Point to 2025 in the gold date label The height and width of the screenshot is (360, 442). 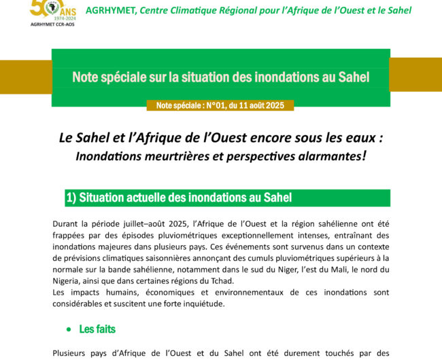pos(281,105)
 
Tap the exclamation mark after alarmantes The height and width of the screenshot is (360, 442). pos(364,155)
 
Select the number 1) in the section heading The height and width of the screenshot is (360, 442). pos(71,198)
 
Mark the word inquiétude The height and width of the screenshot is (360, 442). pos(200,304)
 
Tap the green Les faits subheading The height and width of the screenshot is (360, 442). pos(97,329)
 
